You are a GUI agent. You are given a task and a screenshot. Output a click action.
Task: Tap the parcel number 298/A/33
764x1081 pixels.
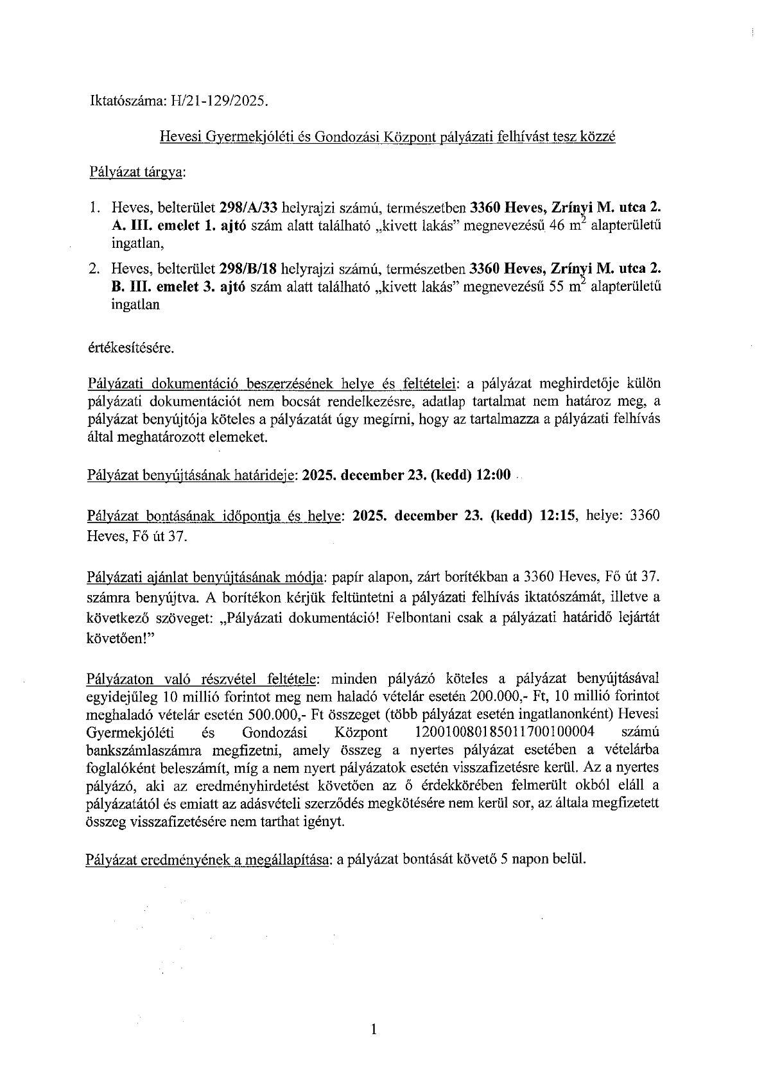(245, 209)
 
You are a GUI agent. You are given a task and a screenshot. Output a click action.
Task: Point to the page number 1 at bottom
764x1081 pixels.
(375, 1030)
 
